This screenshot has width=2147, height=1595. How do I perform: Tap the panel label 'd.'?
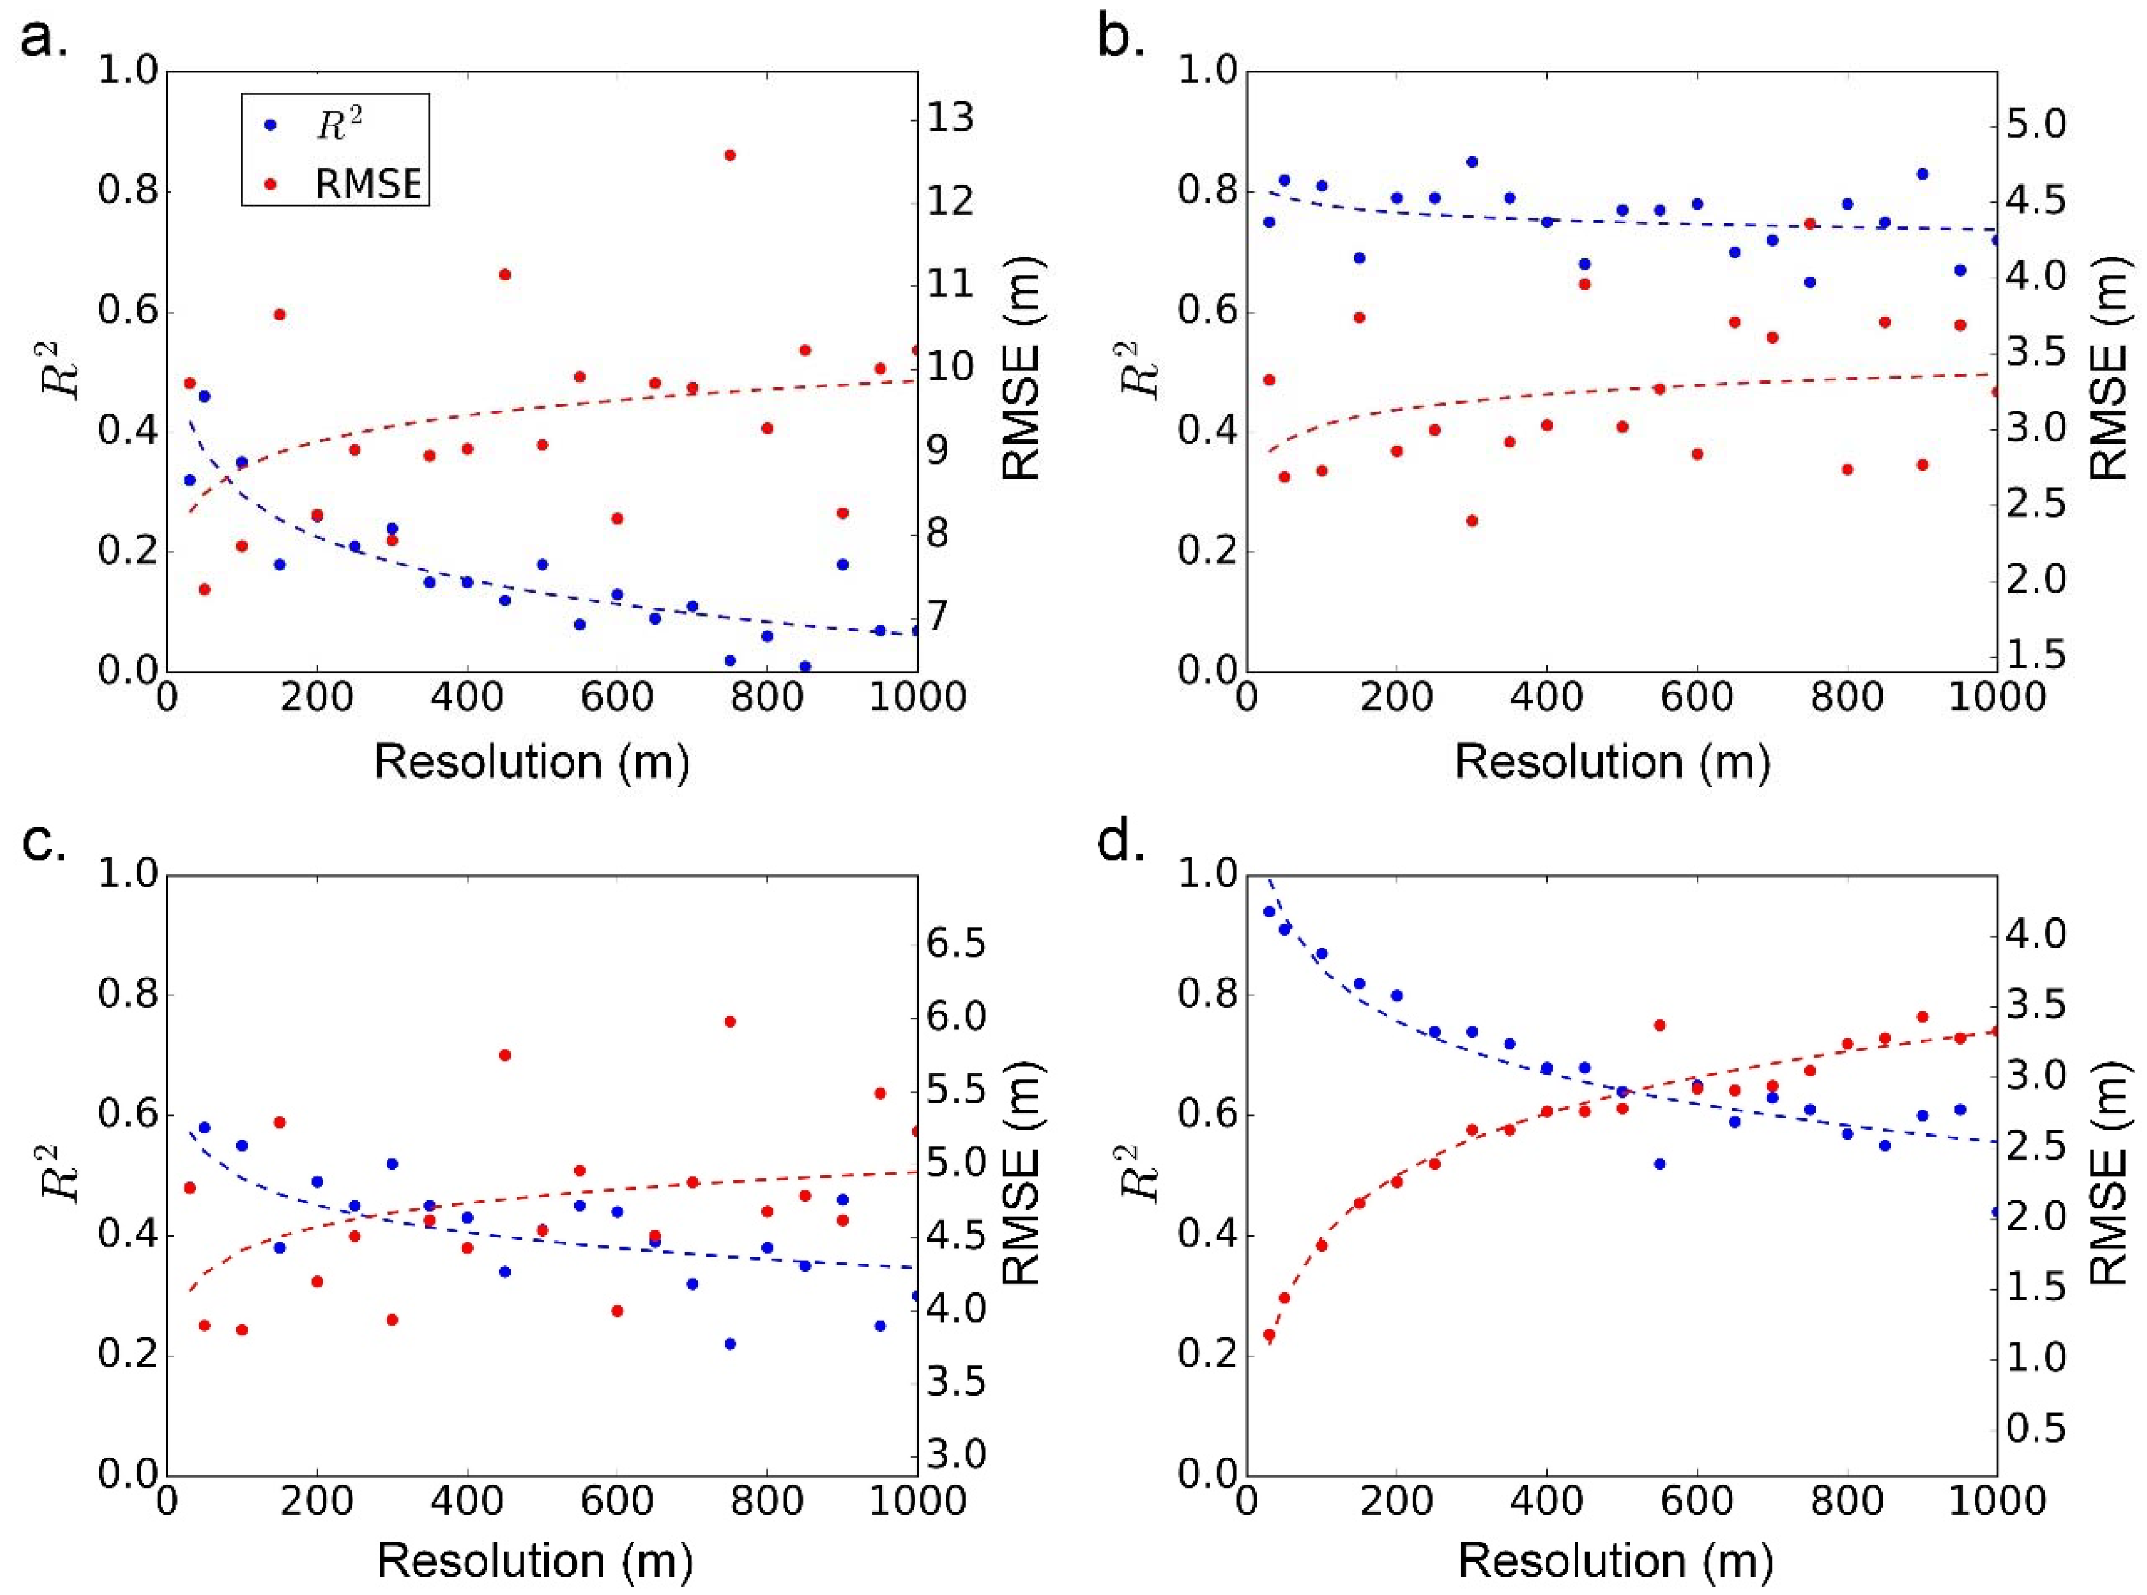coord(1122,843)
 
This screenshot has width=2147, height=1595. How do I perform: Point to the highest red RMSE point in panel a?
coord(730,155)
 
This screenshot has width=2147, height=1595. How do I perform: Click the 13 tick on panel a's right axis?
coord(951,120)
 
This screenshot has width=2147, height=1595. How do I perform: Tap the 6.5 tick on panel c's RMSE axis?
coord(957,944)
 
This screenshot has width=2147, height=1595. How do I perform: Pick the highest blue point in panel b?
coord(1471,162)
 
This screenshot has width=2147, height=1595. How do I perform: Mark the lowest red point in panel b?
coord(1471,520)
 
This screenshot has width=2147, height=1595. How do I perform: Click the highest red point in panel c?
coord(730,1021)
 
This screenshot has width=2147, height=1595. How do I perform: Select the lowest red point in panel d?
coord(1268,1335)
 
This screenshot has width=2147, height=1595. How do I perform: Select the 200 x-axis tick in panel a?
coord(317,697)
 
